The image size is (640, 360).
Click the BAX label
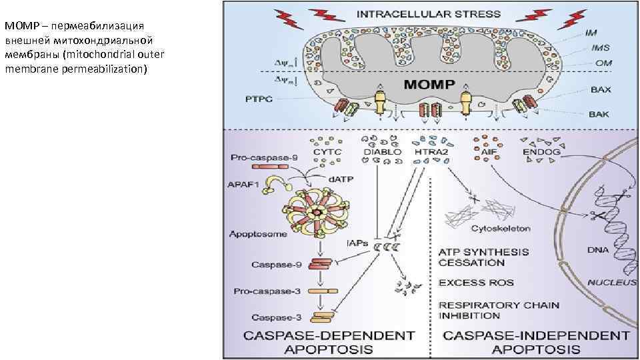click(x=602, y=89)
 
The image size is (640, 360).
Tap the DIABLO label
click(x=382, y=153)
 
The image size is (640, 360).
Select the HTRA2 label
click(x=431, y=153)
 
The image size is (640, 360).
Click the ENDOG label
click(x=543, y=153)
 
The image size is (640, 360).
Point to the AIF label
click(x=487, y=153)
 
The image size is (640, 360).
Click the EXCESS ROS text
click(x=476, y=283)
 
